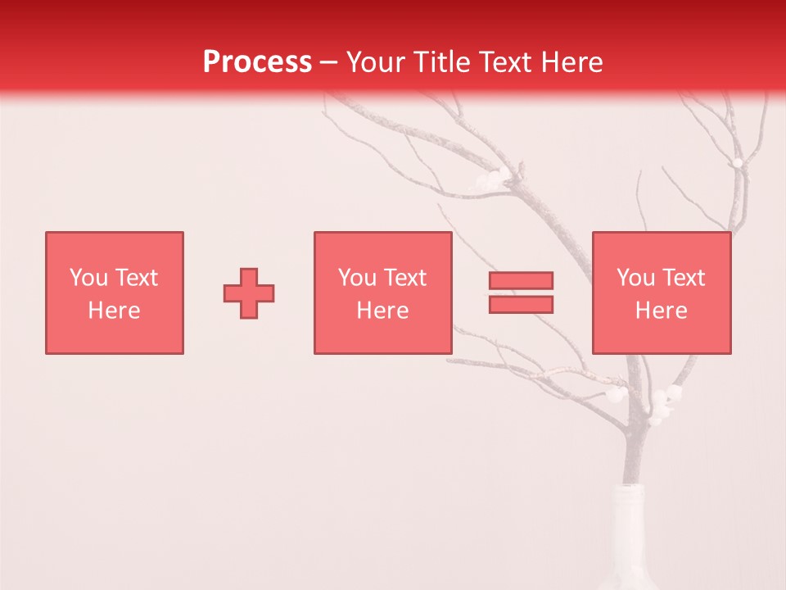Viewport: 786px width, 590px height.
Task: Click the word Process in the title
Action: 257,62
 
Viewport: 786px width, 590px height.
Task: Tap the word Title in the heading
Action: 448,62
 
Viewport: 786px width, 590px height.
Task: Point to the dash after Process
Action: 329,62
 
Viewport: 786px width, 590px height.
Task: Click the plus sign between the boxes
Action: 249,293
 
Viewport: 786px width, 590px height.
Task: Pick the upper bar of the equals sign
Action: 521,280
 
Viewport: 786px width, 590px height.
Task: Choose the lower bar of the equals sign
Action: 521,304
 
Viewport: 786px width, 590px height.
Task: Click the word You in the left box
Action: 88,278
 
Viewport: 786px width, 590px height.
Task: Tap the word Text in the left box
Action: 136,278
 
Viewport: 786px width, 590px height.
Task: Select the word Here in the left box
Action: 114,311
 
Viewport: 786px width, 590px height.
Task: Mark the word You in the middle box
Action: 357,278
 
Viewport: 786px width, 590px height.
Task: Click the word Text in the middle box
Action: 404,278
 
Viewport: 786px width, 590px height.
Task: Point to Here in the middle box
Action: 382,311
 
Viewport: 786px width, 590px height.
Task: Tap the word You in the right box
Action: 635,278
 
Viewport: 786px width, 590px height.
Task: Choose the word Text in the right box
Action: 683,278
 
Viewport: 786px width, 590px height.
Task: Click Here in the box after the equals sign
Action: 661,311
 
